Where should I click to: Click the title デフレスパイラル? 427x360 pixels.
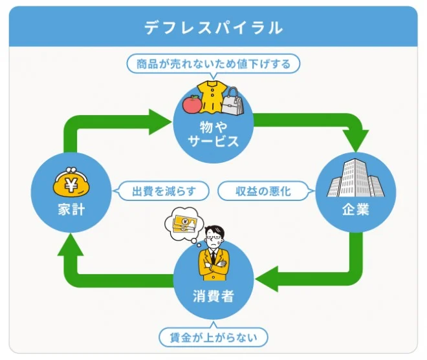point(213,27)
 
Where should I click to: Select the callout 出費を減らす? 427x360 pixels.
point(162,191)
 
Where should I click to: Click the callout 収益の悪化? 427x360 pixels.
point(263,191)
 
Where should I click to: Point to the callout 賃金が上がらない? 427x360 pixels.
point(213,337)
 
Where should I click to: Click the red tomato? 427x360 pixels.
point(192,103)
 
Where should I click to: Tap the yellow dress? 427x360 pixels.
point(212,96)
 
